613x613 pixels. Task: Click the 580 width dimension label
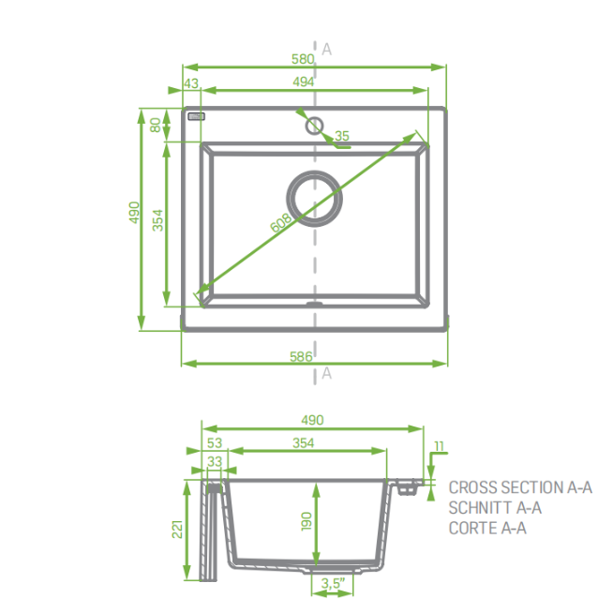pyautogui.click(x=303, y=59)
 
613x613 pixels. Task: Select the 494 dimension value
pyautogui.click(x=304, y=82)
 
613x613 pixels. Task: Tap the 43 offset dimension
pyautogui.click(x=191, y=83)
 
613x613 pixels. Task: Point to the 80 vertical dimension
pyautogui.click(x=156, y=125)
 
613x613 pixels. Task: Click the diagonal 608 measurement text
pyautogui.click(x=281, y=222)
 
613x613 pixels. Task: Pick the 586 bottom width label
pyautogui.click(x=301, y=356)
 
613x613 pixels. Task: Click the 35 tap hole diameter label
pyautogui.click(x=342, y=136)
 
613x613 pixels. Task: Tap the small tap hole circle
pyautogui.click(x=314, y=126)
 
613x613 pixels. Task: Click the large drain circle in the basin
pyautogui.click(x=315, y=198)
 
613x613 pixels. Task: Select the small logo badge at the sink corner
pyautogui.click(x=196, y=116)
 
